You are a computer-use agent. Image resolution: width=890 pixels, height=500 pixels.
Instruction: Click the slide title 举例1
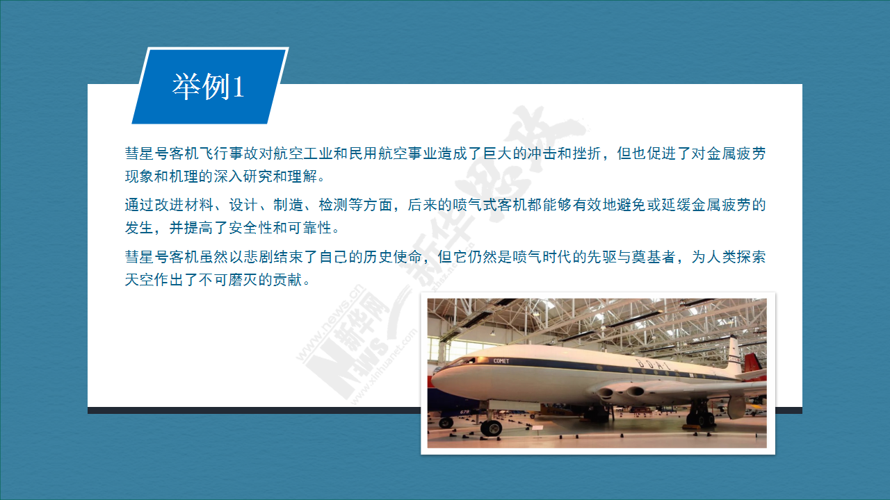click(x=208, y=87)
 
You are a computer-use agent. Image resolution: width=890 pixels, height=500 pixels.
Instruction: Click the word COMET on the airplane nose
click(x=501, y=361)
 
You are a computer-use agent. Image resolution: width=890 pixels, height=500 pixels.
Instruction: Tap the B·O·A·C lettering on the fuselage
click(x=653, y=365)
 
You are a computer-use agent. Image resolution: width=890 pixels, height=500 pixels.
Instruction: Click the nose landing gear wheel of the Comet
click(x=491, y=428)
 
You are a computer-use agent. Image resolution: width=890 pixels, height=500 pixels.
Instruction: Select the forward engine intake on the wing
click(x=605, y=393)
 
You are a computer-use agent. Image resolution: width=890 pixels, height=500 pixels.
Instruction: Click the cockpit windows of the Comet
click(x=462, y=362)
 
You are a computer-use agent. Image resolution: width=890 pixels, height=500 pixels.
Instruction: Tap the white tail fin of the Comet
click(x=734, y=354)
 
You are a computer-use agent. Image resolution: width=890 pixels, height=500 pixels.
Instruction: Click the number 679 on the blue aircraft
click(x=464, y=412)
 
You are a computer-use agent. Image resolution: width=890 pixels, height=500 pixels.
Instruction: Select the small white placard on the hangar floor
click(x=537, y=428)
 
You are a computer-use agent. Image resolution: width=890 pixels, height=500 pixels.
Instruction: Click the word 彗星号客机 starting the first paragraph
click(x=162, y=153)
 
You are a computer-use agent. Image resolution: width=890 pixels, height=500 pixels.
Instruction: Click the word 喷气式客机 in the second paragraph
click(x=489, y=205)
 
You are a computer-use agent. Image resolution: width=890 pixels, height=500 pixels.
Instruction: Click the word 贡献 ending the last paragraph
click(x=288, y=280)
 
